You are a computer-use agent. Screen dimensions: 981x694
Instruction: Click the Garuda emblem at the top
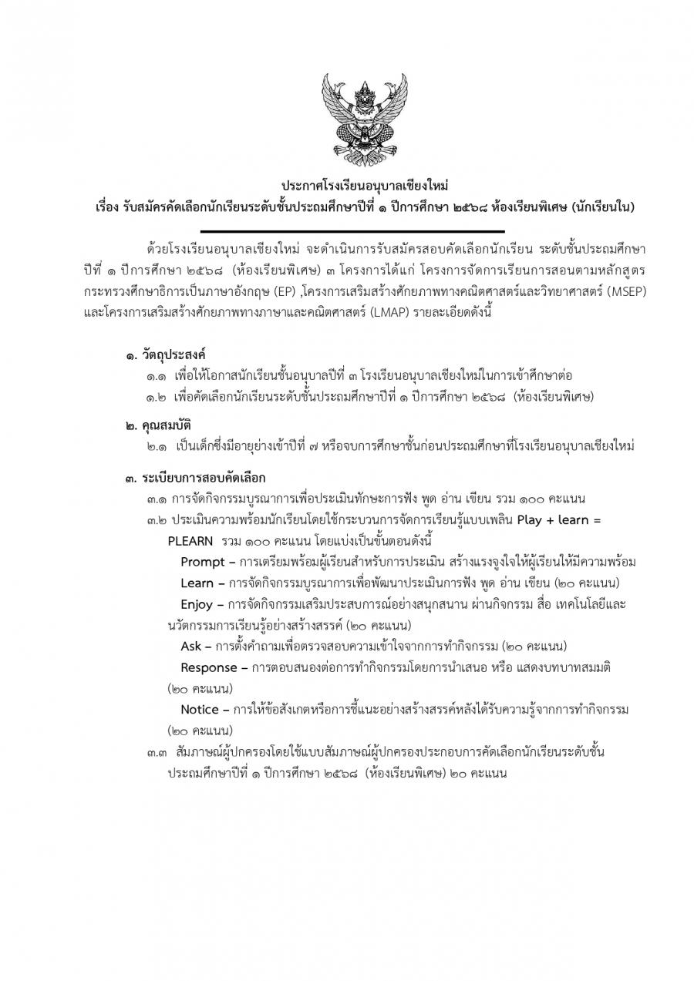pos(362,115)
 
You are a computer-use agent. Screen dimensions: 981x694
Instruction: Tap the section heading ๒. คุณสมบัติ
pos(158,426)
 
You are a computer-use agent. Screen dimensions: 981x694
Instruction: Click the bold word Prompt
pos(202,561)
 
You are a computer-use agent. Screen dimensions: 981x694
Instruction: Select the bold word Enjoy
pos(197,603)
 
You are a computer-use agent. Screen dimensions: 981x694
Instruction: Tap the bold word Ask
pos(191,645)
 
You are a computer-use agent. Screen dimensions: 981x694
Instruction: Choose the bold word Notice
pos(200,709)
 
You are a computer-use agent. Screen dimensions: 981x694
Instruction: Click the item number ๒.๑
pos(157,448)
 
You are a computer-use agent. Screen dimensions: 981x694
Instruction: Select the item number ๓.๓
pos(157,751)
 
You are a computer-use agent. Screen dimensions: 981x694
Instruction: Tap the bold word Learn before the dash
pos(197,583)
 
